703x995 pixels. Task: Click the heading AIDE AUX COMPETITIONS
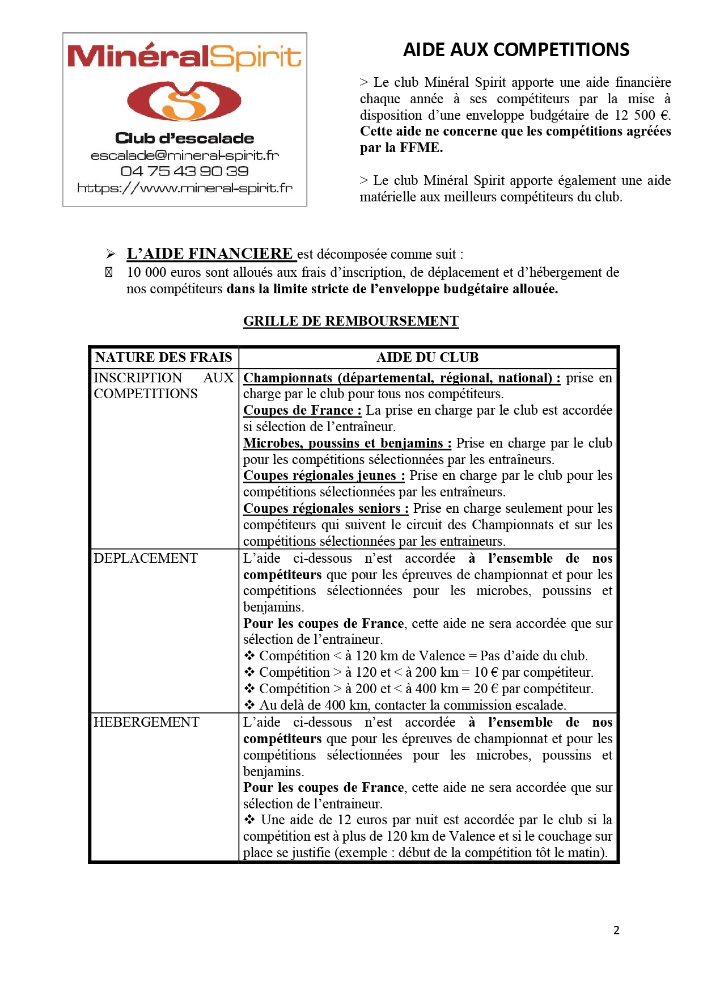pyautogui.click(x=516, y=50)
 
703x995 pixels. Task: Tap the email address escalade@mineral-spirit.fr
pyautogui.click(x=185, y=155)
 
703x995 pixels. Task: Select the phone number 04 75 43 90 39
pyautogui.click(x=185, y=171)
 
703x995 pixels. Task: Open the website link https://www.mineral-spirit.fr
pyautogui.click(x=185, y=188)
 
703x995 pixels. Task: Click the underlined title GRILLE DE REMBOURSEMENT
pyautogui.click(x=351, y=321)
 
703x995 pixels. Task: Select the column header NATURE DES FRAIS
pyautogui.click(x=164, y=357)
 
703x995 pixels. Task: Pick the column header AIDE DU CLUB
pyautogui.click(x=427, y=357)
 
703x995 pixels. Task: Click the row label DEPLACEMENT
pyautogui.click(x=146, y=558)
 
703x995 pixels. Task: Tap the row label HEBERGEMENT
pyautogui.click(x=147, y=722)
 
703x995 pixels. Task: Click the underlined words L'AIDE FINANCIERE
pyautogui.click(x=210, y=254)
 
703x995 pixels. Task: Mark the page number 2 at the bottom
pyautogui.click(x=616, y=930)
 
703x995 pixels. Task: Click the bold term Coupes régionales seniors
pyautogui.click(x=326, y=508)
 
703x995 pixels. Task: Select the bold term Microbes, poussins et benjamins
pyautogui.click(x=347, y=443)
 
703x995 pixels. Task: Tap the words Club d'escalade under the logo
pyautogui.click(x=185, y=138)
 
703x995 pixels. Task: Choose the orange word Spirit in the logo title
pyautogui.click(x=256, y=57)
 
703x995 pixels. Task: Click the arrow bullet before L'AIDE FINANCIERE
pyautogui.click(x=111, y=254)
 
